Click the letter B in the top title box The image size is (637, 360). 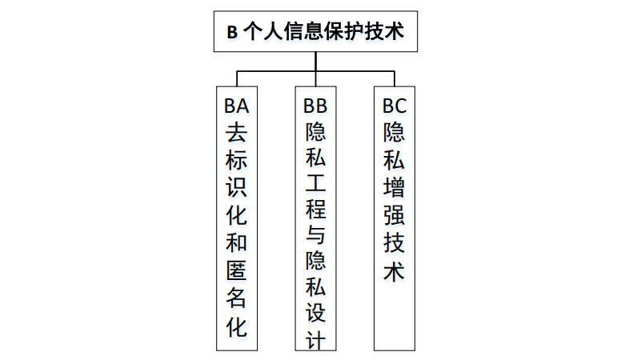click(232, 33)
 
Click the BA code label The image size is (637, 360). click(236, 105)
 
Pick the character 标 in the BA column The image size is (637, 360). click(236, 159)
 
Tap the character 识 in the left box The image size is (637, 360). click(236, 186)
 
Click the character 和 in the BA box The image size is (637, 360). click(236, 242)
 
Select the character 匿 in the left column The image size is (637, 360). click(236, 270)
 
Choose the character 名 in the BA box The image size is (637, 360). click(236, 298)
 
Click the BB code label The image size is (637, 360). click(315, 105)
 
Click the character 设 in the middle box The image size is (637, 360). click(315, 313)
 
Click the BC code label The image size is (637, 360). click(394, 105)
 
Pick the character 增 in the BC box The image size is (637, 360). click(394, 186)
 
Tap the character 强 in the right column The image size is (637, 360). click(394, 214)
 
